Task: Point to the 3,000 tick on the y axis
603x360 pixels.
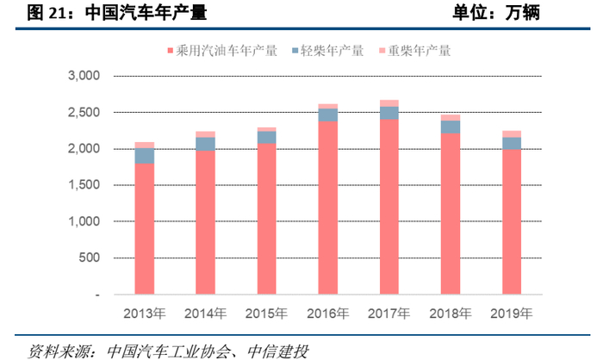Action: (x=84, y=76)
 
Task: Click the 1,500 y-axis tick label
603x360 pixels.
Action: (x=84, y=185)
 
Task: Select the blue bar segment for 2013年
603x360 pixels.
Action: (x=145, y=156)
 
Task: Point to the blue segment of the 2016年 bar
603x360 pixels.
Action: (x=327, y=115)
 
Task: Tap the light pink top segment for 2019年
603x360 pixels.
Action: (x=511, y=133)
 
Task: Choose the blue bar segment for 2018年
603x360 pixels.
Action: (x=450, y=127)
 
